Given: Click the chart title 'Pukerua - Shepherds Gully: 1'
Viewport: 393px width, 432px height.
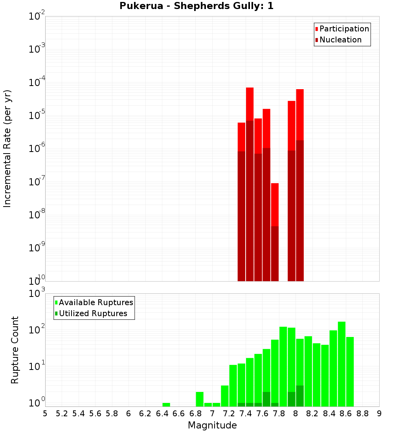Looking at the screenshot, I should point(196,6).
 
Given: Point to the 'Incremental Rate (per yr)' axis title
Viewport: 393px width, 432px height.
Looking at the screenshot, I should point(7,149).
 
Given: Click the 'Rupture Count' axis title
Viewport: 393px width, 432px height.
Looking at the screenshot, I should point(15,350).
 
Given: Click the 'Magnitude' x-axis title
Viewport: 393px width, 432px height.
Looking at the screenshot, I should point(212,425).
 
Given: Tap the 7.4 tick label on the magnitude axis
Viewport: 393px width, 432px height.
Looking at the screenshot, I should point(246,413).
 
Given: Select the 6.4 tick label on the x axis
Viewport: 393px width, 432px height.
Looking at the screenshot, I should point(162,413).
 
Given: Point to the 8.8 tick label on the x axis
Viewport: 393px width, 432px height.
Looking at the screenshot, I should point(362,413).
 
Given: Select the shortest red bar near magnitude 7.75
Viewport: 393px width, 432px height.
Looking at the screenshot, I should point(275,204).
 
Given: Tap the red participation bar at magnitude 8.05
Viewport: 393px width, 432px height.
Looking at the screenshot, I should point(300,114).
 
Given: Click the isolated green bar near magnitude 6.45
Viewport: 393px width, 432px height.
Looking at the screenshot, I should point(166,405).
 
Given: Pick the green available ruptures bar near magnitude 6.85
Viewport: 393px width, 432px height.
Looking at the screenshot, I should point(200,399).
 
